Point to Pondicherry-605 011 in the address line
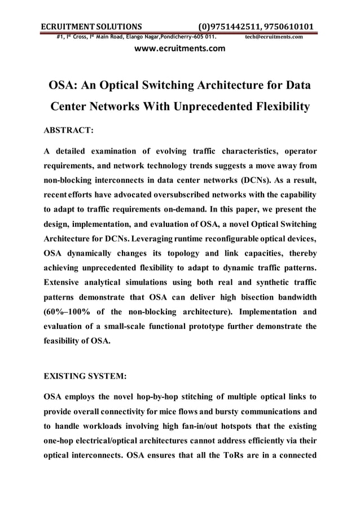click(188, 37)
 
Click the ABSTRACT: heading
click(68, 130)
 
